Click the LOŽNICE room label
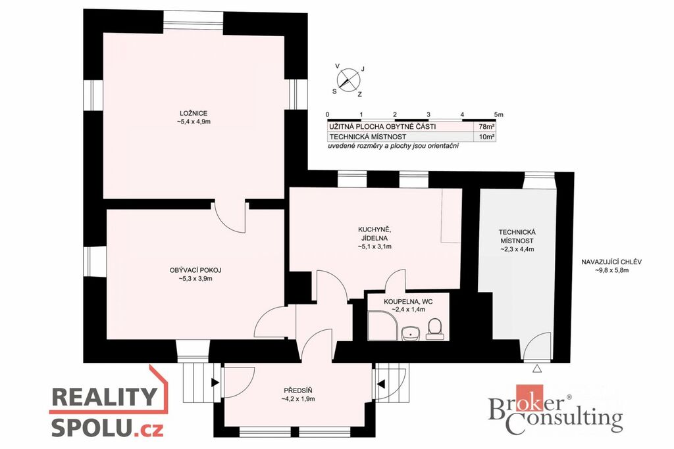194,113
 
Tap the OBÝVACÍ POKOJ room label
195,270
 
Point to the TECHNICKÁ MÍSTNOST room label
517,237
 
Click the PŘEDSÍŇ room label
298,390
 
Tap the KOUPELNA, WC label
408,302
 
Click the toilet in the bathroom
434,329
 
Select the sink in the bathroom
411,333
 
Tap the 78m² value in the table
487,127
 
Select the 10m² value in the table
487,137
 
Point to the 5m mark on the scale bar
499,114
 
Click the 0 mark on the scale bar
328,114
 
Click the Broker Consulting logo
555,409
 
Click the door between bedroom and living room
230,217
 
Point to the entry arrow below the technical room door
536,368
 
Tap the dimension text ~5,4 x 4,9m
194,122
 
